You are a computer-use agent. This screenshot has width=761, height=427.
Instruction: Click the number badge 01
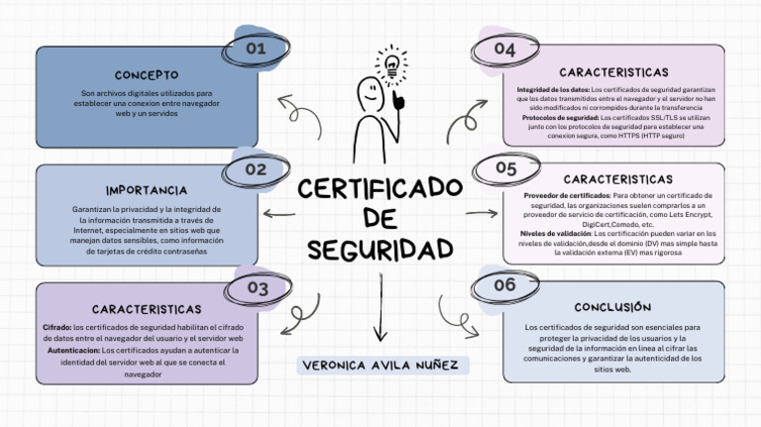point(256,48)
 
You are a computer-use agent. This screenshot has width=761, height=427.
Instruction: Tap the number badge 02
point(256,169)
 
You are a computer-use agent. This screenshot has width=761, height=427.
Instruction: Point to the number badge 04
point(504,50)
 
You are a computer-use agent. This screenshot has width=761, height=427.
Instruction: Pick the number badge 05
point(505,168)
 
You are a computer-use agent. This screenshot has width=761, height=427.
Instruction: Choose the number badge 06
point(504,285)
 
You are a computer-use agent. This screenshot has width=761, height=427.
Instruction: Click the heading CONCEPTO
point(147,74)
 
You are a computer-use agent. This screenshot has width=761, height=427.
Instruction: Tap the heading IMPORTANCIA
point(147,189)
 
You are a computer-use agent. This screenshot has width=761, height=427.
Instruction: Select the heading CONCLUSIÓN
point(612,307)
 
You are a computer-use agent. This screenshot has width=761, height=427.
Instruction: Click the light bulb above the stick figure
point(391,65)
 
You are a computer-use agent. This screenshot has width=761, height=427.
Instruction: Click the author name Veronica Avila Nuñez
point(380,366)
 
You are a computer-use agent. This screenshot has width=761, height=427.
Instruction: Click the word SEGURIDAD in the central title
point(380,249)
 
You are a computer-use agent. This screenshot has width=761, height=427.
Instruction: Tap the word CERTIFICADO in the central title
point(380,188)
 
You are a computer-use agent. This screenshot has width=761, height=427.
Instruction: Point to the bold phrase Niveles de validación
point(555,233)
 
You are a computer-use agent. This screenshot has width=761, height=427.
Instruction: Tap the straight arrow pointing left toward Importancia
point(278,214)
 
